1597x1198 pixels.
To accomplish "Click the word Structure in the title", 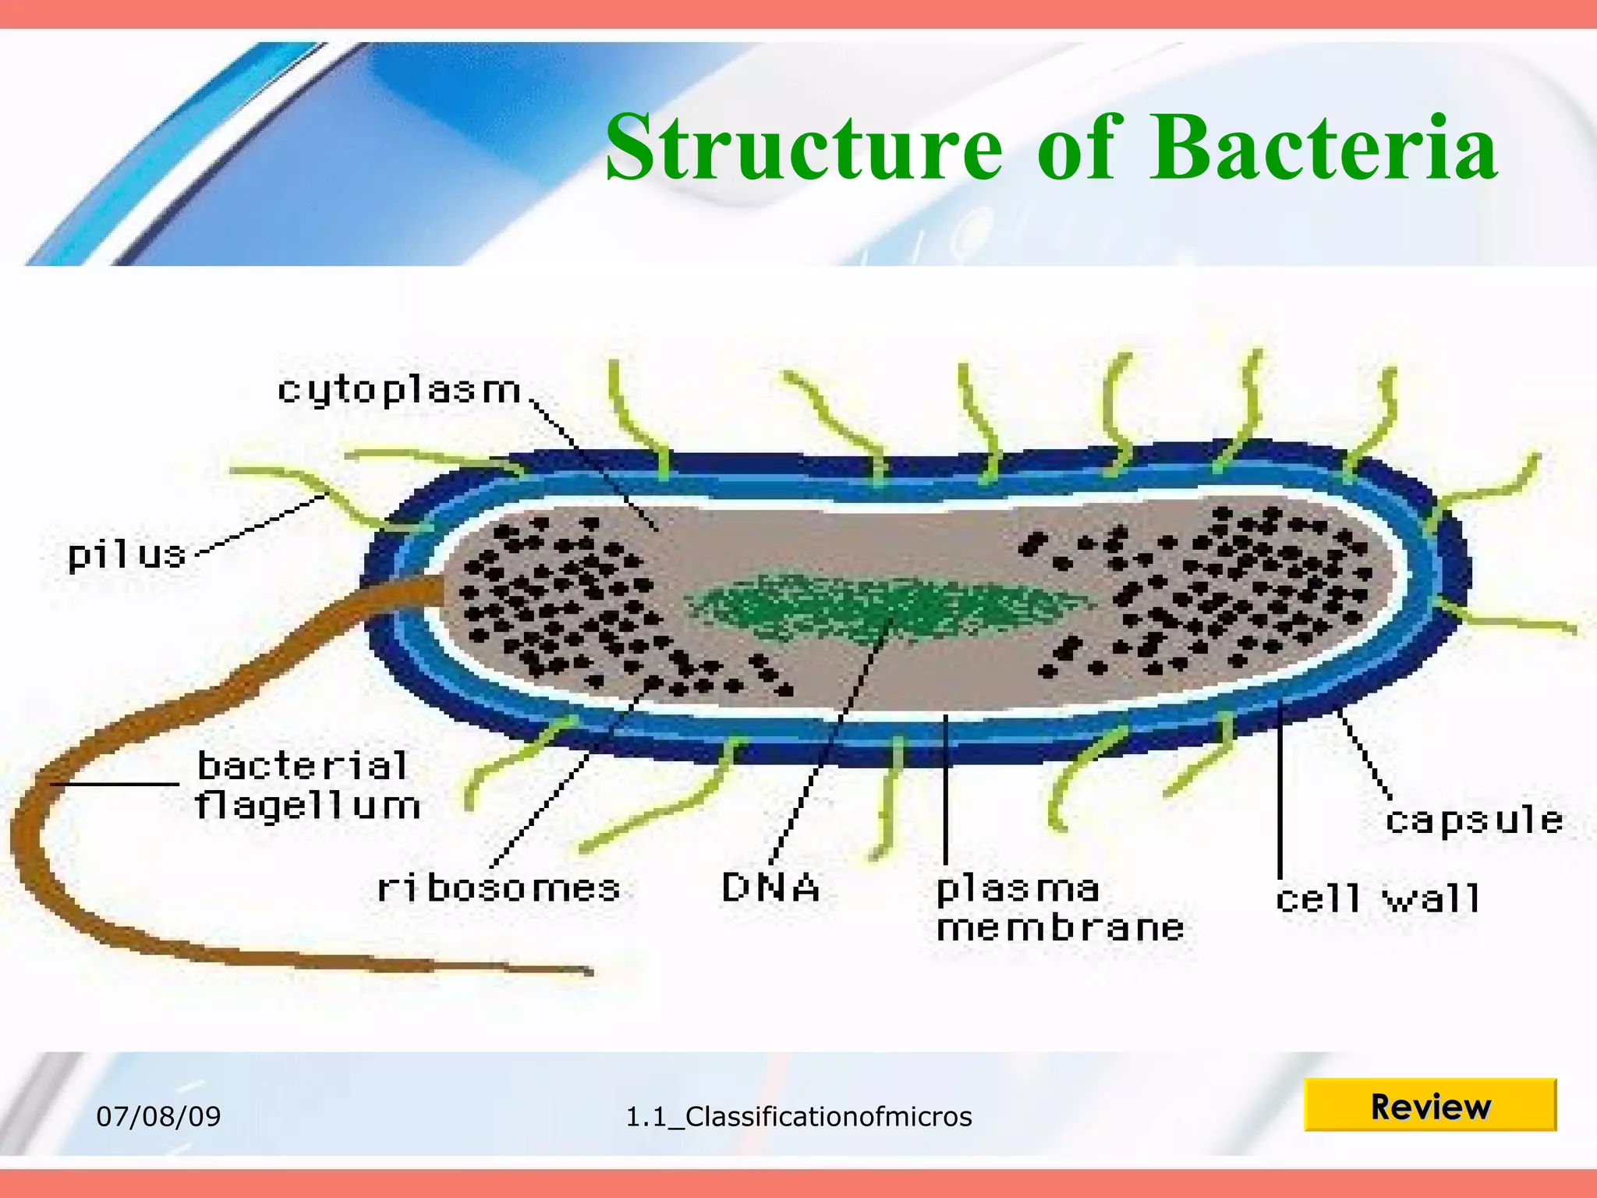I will click(803, 148).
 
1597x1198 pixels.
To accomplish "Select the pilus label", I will click(127, 555).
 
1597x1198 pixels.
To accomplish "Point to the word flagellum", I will click(307, 806).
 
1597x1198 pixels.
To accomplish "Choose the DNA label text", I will click(770, 888).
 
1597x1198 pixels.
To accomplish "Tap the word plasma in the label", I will click(1017, 889).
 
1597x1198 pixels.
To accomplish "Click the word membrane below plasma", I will click(1061, 928).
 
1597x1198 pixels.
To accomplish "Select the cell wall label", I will click(1377, 899).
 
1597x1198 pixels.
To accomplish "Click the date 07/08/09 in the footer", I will click(158, 1116).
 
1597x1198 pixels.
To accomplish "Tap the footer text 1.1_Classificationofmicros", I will click(798, 1116).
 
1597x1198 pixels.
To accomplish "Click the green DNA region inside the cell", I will click(881, 608).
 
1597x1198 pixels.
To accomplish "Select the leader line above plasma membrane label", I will click(945, 788).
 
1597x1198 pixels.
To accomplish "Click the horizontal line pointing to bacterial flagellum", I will click(117, 783).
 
